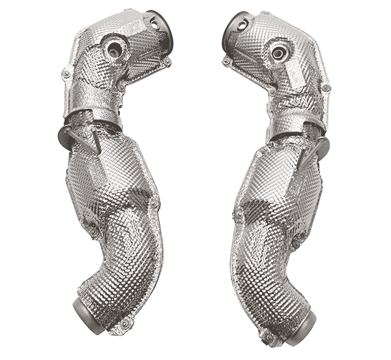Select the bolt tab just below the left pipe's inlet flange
167,61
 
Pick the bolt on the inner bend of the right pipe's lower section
296,243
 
